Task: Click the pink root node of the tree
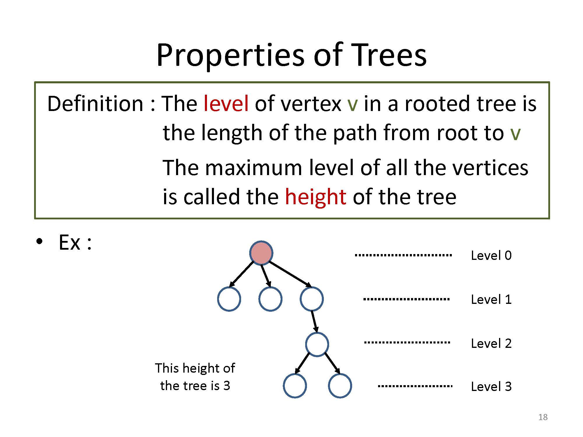click(x=261, y=253)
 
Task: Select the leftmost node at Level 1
click(x=229, y=299)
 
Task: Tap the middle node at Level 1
click(x=270, y=299)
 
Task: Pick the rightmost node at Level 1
click(x=312, y=299)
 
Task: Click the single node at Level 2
click(x=317, y=344)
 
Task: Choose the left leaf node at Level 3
click(x=295, y=386)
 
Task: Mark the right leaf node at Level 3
click(x=340, y=386)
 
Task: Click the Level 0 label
click(x=491, y=255)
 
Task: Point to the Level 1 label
click(x=491, y=299)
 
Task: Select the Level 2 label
click(x=491, y=343)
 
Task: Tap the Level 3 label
click(x=491, y=387)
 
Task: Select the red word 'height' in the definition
click(x=316, y=197)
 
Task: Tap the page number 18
click(x=543, y=417)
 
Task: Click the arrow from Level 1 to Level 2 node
click(x=315, y=322)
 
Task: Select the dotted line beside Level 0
click(x=403, y=255)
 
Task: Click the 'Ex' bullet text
click(x=69, y=242)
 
